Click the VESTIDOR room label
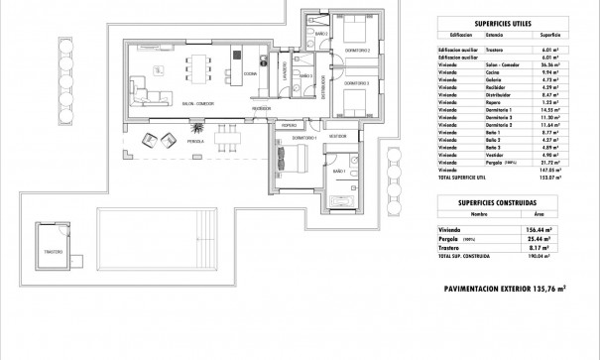[x=337, y=136]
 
